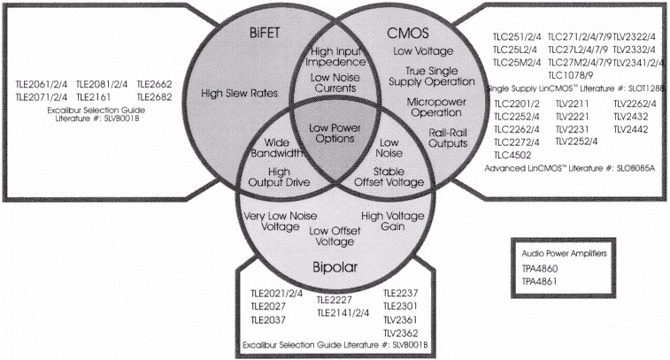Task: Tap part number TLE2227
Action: pyautogui.click(x=335, y=298)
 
